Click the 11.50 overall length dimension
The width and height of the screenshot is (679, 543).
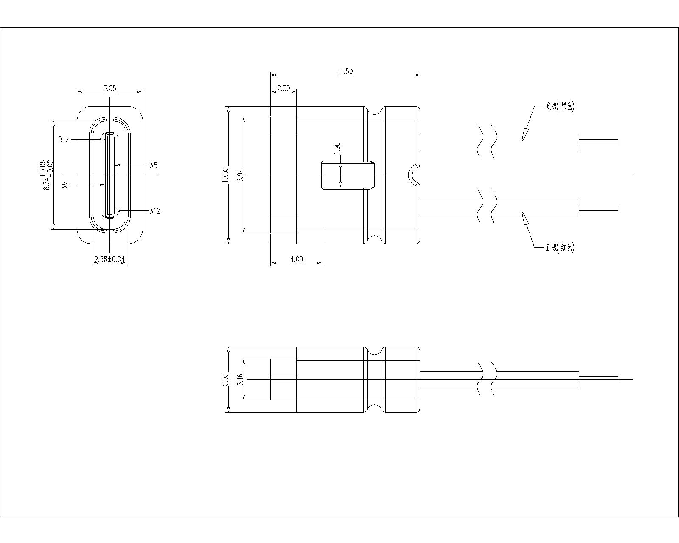coord(345,72)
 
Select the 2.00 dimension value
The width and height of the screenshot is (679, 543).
coord(283,88)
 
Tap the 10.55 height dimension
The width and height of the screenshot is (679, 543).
coord(225,175)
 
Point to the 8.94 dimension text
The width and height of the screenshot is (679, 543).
coord(241,175)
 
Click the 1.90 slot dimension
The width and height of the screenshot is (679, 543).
coord(337,148)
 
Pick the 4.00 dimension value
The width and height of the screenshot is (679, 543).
coord(296,259)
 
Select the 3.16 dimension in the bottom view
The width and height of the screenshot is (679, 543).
coord(240,379)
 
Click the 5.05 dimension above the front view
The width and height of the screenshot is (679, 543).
coord(110,88)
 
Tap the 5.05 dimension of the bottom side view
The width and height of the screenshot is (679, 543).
coord(225,380)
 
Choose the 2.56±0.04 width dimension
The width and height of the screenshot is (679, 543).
coord(110,259)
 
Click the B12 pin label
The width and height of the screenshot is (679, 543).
coord(63,140)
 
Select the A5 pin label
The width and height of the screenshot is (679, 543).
coord(153,165)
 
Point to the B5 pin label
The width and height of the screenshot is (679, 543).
coord(65,185)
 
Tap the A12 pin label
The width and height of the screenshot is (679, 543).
coord(155,211)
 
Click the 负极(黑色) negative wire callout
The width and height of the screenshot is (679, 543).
coord(560,106)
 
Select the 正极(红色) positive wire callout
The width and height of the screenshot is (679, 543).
coord(560,247)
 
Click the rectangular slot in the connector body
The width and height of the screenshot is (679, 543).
coord(348,175)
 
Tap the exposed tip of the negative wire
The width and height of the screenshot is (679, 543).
coord(598,143)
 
